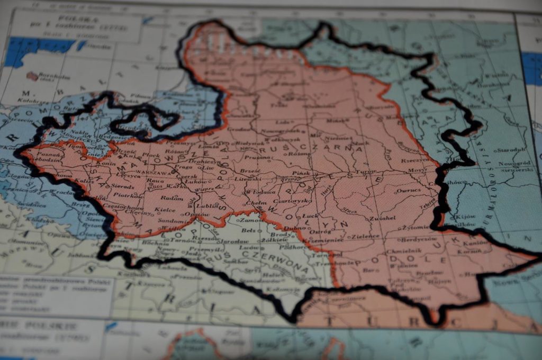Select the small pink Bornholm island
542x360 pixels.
[32, 76]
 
